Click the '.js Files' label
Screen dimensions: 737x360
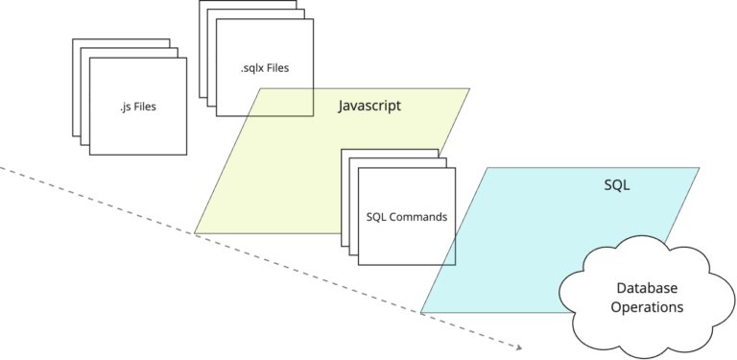pyautogui.click(x=132, y=107)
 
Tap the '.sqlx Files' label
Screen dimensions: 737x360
pyautogui.click(x=264, y=68)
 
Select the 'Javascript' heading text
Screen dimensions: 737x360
pyautogui.click(x=369, y=106)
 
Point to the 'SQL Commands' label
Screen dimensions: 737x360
pyautogui.click(x=407, y=217)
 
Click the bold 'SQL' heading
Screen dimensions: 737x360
pyautogui.click(x=616, y=185)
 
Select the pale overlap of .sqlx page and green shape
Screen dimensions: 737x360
pyautogui.click(x=281, y=102)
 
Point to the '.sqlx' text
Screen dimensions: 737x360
pyautogui.click(x=252, y=68)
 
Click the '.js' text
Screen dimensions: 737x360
pyautogui.click(x=116, y=107)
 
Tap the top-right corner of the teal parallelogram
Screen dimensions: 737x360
pyautogui.click(x=700, y=168)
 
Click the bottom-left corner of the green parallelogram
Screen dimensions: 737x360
pyautogui.click(x=196, y=233)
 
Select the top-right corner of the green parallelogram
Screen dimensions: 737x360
pyautogui.click(x=469, y=89)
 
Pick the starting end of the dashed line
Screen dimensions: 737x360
pyautogui.click(x=2, y=168)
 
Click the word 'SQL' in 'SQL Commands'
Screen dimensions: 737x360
pyautogui.click(x=377, y=217)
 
